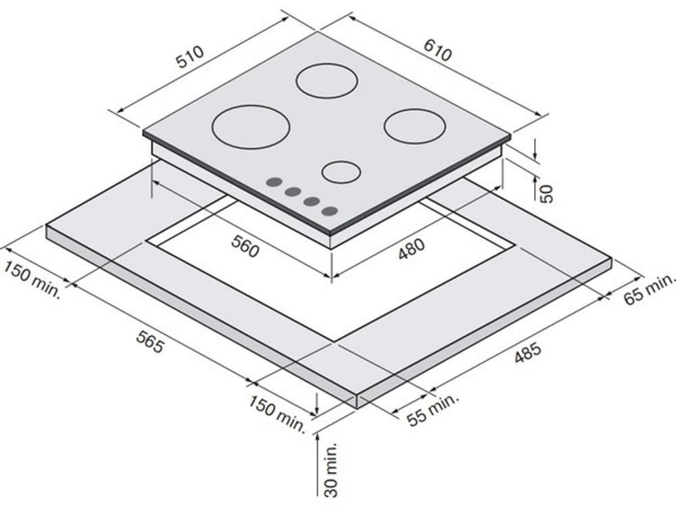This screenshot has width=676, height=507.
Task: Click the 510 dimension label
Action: [x=190, y=57]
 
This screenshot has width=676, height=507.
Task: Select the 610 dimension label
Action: [x=437, y=50]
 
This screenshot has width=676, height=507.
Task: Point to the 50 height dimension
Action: [x=546, y=193]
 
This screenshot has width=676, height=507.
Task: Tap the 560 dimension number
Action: [x=245, y=246]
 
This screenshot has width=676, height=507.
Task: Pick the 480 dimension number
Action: [x=411, y=249]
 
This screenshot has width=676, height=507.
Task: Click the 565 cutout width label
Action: [x=150, y=341]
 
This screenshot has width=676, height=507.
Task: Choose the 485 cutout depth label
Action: [x=527, y=352]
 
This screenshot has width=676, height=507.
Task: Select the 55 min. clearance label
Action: [x=432, y=410]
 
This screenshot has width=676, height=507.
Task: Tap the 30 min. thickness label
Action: [x=331, y=470]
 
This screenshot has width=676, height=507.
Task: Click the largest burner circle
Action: [x=251, y=127]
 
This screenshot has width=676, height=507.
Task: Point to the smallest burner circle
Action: [x=341, y=172]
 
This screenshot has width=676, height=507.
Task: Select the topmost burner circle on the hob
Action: [x=327, y=80]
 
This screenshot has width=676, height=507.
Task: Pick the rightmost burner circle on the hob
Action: [x=415, y=126]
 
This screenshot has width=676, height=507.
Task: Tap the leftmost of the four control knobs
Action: [x=274, y=182]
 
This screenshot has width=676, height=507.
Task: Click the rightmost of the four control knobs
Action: [x=329, y=211]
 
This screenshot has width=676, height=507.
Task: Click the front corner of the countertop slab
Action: [x=358, y=395]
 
